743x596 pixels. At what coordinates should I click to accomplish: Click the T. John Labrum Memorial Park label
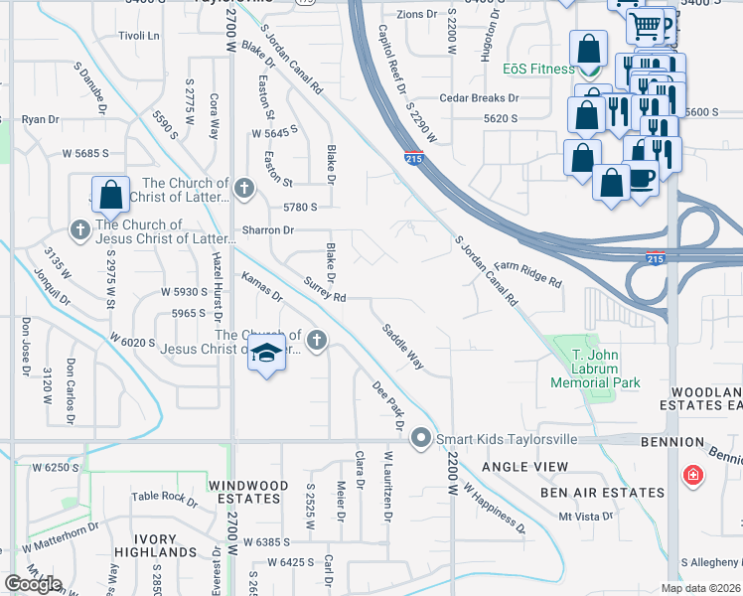(596, 369)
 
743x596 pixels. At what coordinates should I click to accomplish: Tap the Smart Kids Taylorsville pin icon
(421, 437)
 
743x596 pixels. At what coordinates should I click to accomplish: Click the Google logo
(32, 584)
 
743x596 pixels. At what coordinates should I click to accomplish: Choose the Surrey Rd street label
(325, 290)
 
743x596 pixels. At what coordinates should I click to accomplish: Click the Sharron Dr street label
(268, 230)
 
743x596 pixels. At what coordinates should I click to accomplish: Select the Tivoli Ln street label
(139, 36)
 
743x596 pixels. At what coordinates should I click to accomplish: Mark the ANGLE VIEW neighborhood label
(525, 467)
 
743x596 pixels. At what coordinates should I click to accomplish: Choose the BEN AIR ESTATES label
(602, 493)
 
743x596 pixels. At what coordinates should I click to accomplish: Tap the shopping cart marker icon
(647, 24)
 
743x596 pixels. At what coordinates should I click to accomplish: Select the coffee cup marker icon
(642, 177)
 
